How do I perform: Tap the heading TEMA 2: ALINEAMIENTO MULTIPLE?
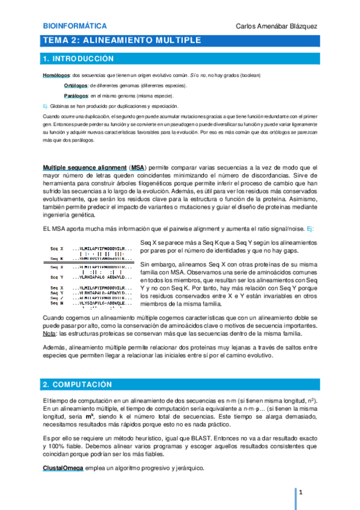tap(122, 40)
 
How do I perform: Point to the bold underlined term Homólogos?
tap(56, 75)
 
